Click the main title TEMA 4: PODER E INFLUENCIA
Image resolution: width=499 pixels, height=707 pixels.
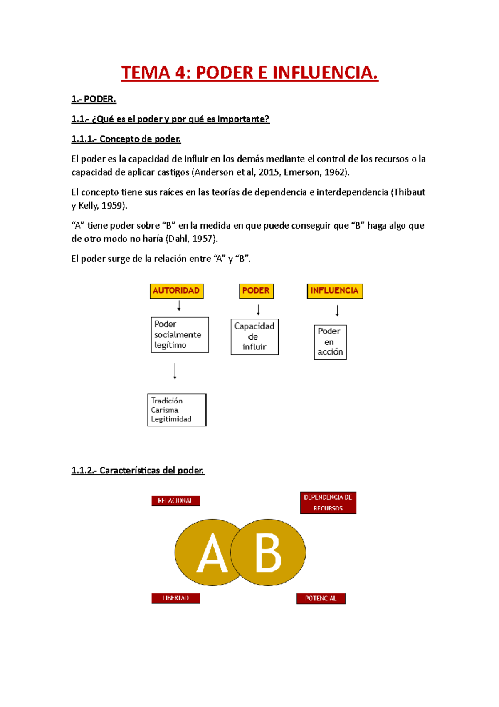249,73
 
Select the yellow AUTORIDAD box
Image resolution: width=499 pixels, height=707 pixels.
176,291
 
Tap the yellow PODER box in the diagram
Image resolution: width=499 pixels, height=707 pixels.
256,291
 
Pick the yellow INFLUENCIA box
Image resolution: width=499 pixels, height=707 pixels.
334,291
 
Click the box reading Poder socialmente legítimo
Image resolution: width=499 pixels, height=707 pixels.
180,335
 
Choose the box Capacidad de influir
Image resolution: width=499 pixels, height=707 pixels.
254,336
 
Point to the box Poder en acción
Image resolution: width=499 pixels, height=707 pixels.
330,342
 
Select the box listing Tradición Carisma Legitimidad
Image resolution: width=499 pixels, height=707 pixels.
177,410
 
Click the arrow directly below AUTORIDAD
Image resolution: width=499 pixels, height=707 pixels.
179,306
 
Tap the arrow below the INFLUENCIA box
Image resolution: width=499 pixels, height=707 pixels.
337,311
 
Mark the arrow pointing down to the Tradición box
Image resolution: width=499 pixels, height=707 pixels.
175,371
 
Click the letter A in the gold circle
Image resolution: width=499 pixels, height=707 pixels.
212,553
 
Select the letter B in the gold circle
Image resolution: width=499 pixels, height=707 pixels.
268,553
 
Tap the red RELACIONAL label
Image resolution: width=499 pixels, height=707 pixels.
175,500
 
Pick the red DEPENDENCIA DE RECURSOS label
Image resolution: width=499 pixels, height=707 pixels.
328,503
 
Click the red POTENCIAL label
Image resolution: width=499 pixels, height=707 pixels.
321,598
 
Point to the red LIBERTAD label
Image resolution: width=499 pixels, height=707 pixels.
175,598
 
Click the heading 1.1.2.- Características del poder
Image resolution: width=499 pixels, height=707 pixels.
138,471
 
